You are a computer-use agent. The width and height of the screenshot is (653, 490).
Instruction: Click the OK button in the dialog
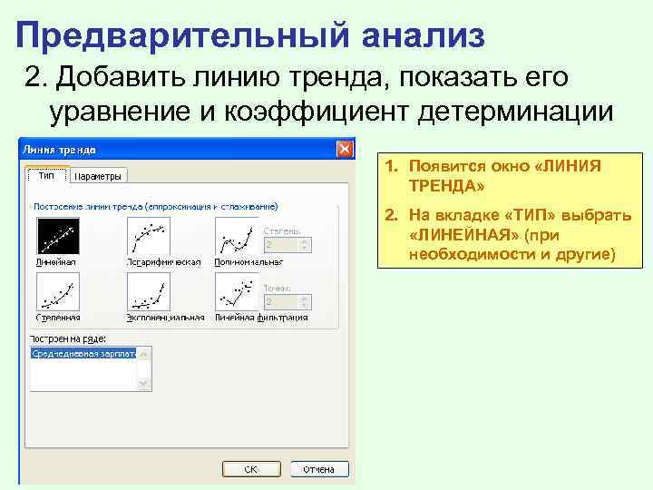click(250, 469)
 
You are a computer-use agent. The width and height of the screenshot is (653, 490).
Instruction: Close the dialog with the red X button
click(345, 149)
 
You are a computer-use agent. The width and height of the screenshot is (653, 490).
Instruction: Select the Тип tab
click(44, 176)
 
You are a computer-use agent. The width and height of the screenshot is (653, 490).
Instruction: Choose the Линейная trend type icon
click(56, 236)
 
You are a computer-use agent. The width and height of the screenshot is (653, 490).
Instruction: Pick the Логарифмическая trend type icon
click(149, 236)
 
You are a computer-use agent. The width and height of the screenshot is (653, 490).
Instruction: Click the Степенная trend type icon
click(56, 292)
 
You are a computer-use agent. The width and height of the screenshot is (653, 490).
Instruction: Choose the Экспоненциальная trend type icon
click(149, 292)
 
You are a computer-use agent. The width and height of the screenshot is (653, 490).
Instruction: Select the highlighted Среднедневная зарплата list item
click(83, 353)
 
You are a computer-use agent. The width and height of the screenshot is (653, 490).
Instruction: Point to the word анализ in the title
click(422, 35)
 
